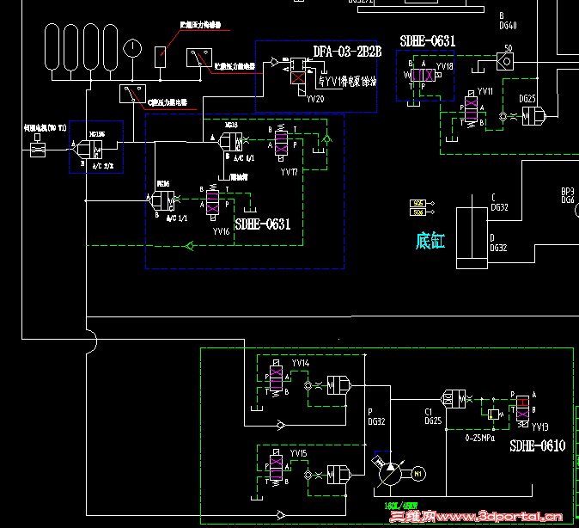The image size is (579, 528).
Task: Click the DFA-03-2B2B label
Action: click(x=346, y=52)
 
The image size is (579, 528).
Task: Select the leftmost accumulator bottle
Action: click(x=54, y=51)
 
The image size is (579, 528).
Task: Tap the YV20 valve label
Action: click(x=315, y=100)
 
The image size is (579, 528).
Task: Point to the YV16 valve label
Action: click(x=221, y=231)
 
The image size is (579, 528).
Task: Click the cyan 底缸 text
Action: click(x=430, y=242)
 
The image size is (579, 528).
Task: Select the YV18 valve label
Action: click(x=444, y=66)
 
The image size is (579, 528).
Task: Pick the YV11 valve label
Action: click(x=485, y=91)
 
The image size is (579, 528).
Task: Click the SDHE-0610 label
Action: click(x=537, y=446)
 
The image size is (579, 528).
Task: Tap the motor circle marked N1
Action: click(x=418, y=472)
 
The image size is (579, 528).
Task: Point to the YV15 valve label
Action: click(x=298, y=453)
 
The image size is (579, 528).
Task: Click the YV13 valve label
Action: click(x=539, y=427)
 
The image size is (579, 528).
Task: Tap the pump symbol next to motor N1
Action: click(x=387, y=472)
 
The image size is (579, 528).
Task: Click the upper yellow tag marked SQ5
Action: click(x=418, y=203)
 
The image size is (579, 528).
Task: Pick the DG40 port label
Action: click(x=508, y=26)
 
